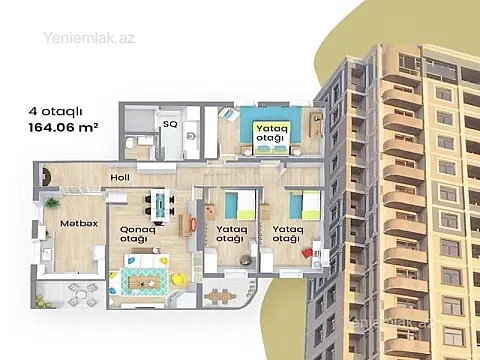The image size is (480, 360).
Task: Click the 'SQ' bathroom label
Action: click(171, 126)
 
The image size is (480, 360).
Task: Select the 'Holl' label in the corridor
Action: click(119, 179)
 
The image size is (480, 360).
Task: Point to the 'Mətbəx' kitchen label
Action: click(77, 223)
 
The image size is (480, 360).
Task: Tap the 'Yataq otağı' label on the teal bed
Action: click(268, 132)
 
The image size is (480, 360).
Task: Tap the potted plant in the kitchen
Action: click(51, 204)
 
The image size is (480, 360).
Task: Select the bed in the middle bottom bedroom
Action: click(238, 205)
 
